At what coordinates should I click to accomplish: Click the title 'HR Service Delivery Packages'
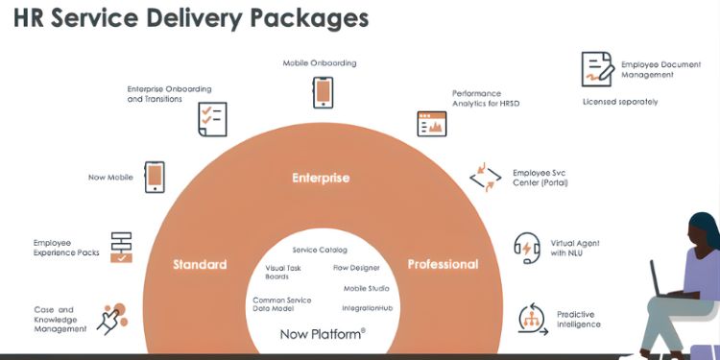click(x=191, y=18)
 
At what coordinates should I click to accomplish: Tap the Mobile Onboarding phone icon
click(x=323, y=92)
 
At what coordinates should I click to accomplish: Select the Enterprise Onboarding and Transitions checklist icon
click(x=211, y=119)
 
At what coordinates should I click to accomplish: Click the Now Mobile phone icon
click(x=155, y=177)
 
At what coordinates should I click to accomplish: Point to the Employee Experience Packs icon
click(x=122, y=247)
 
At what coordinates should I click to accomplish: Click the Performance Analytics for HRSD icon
click(x=432, y=124)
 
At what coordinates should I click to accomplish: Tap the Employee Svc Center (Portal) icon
click(x=485, y=178)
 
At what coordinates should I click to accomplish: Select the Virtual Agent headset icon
click(x=527, y=248)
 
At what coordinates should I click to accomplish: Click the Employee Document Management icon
click(x=596, y=69)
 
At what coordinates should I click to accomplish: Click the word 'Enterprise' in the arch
click(x=321, y=178)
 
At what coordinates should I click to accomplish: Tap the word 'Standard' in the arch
click(x=200, y=264)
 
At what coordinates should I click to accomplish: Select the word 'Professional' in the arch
click(x=443, y=264)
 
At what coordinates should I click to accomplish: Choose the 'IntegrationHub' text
click(x=367, y=308)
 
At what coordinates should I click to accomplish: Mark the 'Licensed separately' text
click(x=620, y=102)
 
